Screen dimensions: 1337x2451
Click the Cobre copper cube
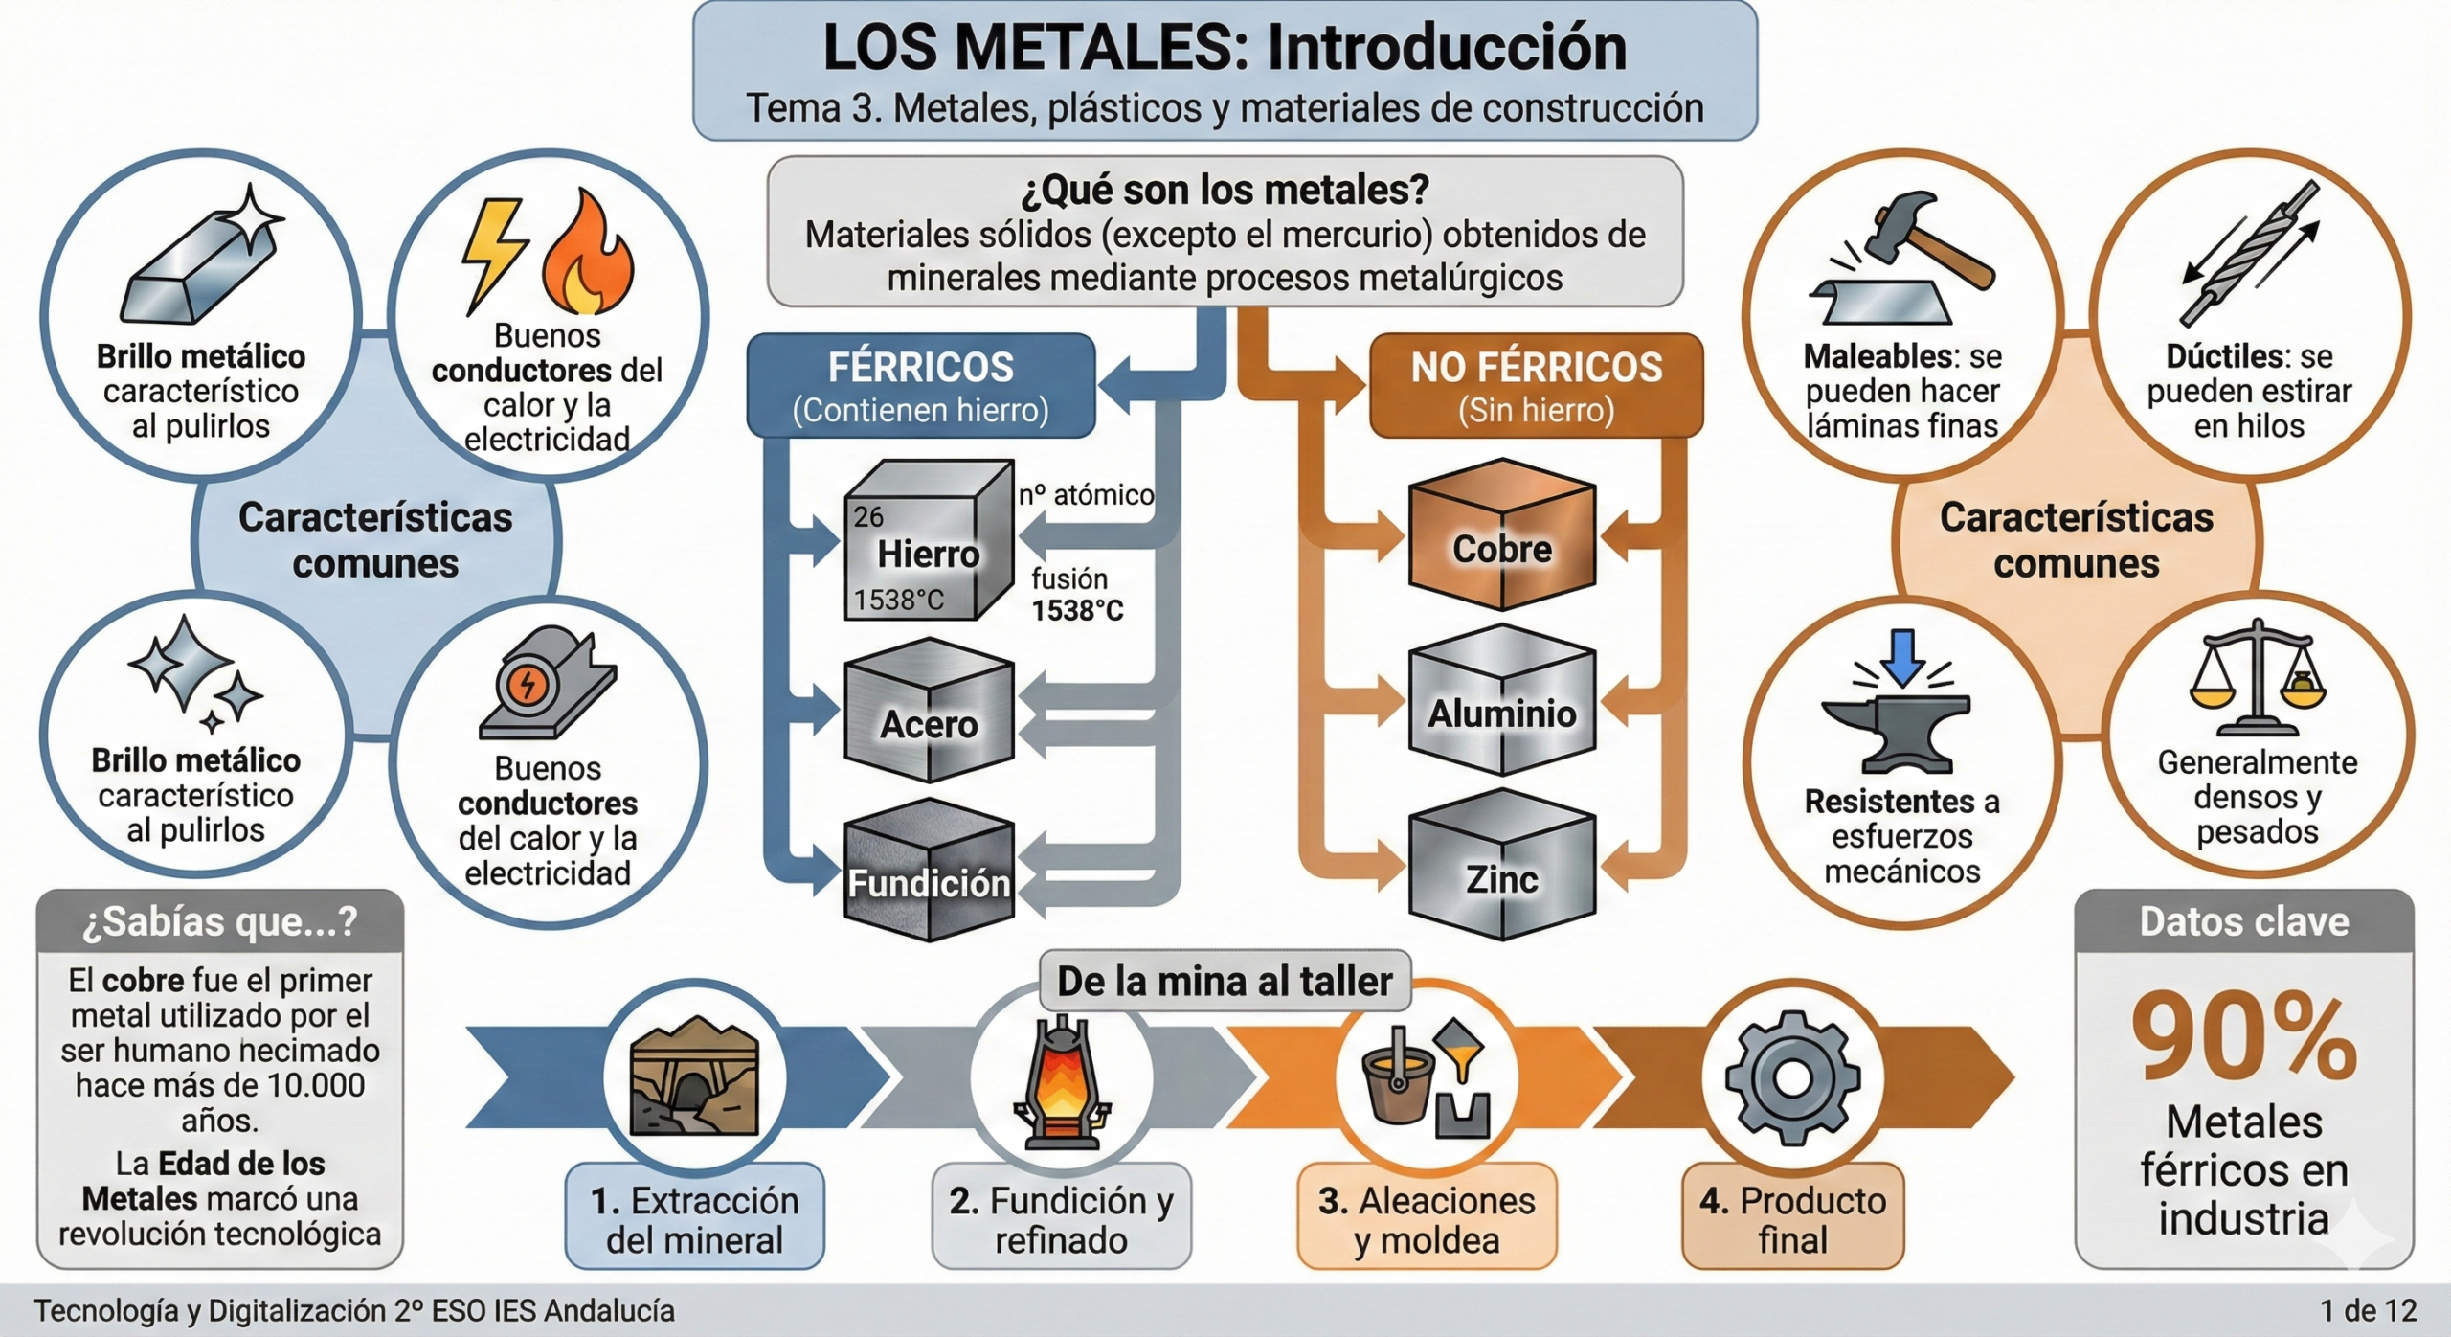(x=1501, y=536)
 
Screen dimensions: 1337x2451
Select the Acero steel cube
(x=928, y=714)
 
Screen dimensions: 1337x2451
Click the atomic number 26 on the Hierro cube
(x=868, y=517)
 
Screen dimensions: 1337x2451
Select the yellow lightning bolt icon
(x=493, y=254)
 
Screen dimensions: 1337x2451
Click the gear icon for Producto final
(x=1792, y=1078)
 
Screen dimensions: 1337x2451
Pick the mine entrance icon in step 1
(x=694, y=1078)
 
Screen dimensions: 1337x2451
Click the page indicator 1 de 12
(x=2368, y=1310)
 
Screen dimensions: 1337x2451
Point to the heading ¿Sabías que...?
(x=219, y=921)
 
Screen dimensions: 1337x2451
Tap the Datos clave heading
(x=2243, y=921)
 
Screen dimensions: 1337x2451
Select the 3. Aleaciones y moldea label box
(x=1427, y=1218)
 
